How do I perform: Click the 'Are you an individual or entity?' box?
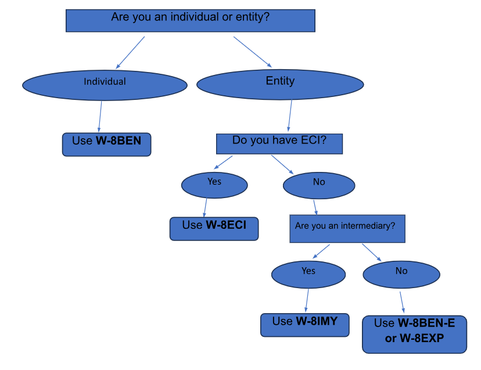pyautogui.click(x=190, y=20)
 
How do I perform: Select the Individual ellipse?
pyautogui.click(x=105, y=85)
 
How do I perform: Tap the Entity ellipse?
pyautogui.click(x=280, y=85)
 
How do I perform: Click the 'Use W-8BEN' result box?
pyautogui.click(x=106, y=144)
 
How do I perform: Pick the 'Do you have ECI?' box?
pyautogui.click(x=279, y=143)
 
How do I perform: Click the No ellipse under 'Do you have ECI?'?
pyautogui.click(x=319, y=185)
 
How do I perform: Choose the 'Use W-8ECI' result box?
pyautogui.click(x=214, y=228)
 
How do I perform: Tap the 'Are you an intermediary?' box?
pyautogui.click(x=347, y=228)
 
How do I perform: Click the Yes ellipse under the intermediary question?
pyautogui.click(x=308, y=274)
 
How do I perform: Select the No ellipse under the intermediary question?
pyautogui.click(x=401, y=274)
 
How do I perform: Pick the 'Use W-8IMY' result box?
pyautogui.click(x=304, y=324)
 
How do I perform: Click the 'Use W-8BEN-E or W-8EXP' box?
pyautogui.click(x=414, y=334)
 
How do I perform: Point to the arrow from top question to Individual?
pyautogui.click(x=130, y=52)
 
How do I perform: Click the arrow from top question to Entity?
pyautogui.click(x=252, y=52)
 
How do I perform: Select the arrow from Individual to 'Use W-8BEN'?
pyautogui.click(x=100, y=116)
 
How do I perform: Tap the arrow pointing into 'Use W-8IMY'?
pyautogui.click(x=307, y=300)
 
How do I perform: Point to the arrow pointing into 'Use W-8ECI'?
pyautogui.click(x=205, y=207)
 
